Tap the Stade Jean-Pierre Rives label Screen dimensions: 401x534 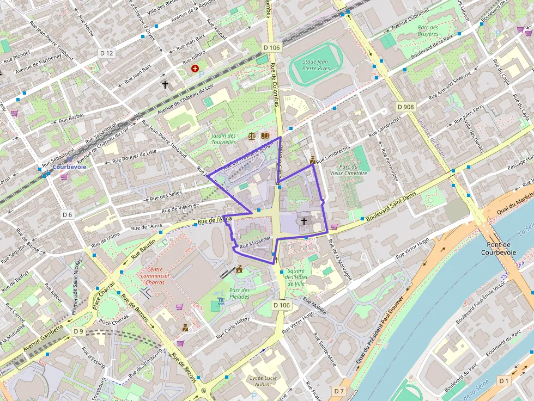(x=317, y=65)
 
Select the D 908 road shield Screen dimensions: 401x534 (x=405, y=107)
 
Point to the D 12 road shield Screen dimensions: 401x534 (x=107, y=53)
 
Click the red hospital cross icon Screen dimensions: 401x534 (x=195, y=69)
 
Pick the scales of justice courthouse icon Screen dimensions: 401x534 (x=252, y=135)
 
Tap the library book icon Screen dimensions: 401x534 (x=265, y=135)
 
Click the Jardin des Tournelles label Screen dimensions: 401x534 (x=224, y=139)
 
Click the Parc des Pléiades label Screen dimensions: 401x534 (x=239, y=293)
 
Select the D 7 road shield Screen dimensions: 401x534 (x=338, y=391)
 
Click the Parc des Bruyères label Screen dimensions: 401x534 (x=428, y=30)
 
